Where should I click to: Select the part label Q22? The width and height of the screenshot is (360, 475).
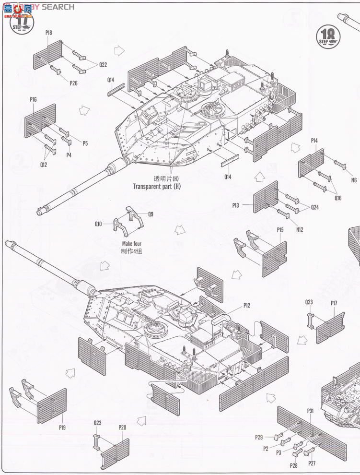tap(104, 64)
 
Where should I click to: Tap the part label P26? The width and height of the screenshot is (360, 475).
tap(73, 83)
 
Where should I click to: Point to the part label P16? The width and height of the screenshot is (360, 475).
tap(33, 99)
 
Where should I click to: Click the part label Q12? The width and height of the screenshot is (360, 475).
tap(44, 164)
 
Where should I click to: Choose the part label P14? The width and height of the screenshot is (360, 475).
tap(314, 141)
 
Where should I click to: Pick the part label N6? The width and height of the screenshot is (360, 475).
tap(354, 180)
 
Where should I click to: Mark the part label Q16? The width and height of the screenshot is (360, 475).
tap(338, 197)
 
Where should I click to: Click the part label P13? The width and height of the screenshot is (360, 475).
tap(235, 205)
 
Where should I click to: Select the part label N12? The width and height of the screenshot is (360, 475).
tap(300, 229)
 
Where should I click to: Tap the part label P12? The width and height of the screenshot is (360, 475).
tap(247, 305)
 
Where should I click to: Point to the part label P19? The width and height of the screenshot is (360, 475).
tap(62, 427)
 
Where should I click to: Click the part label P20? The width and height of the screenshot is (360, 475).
tap(123, 427)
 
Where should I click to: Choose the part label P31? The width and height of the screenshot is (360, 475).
tap(310, 411)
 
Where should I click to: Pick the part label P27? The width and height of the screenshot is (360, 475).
tap(312, 463)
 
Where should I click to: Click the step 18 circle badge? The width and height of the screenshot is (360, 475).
tap(328, 36)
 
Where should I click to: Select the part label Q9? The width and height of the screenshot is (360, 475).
tap(151, 214)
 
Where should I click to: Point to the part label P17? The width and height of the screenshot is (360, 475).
tap(334, 303)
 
